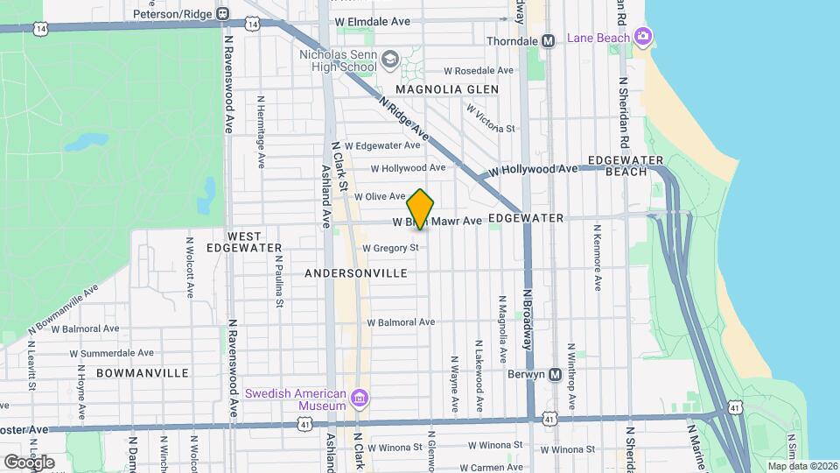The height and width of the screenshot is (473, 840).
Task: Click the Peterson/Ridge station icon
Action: pyautogui.click(x=223, y=14)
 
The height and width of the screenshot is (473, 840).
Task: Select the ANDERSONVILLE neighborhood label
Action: pyautogui.click(x=356, y=273)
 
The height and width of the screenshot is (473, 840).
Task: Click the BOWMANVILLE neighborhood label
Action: pyautogui.click(x=143, y=373)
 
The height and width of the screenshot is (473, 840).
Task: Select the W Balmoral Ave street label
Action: pyautogui.click(x=401, y=322)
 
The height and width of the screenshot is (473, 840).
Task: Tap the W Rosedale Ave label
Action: pyautogui.click(x=479, y=70)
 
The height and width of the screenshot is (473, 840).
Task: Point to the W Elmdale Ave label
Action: pyautogui.click(x=372, y=20)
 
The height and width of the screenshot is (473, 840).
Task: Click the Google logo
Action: pyautogui.click(x=29, y=462)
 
